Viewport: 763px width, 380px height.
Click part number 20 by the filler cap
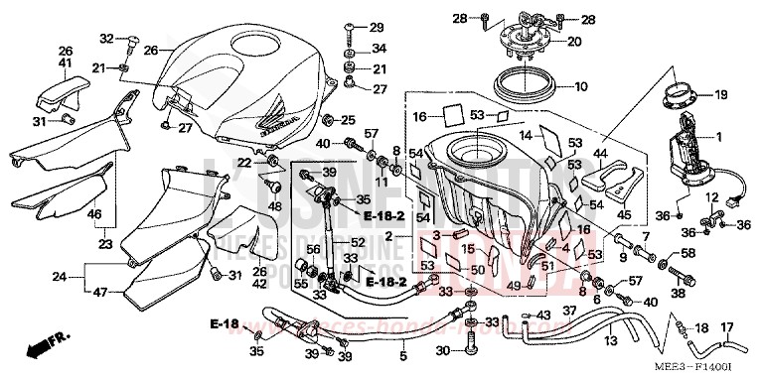click(574, 42)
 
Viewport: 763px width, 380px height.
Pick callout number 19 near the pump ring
click(720, 94)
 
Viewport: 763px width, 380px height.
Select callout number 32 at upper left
click(106, 39)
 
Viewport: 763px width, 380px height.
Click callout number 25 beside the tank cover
click(347, 120)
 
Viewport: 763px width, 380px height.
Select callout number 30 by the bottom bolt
click(443, 351)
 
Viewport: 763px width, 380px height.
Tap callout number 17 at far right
click(726, 327)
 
